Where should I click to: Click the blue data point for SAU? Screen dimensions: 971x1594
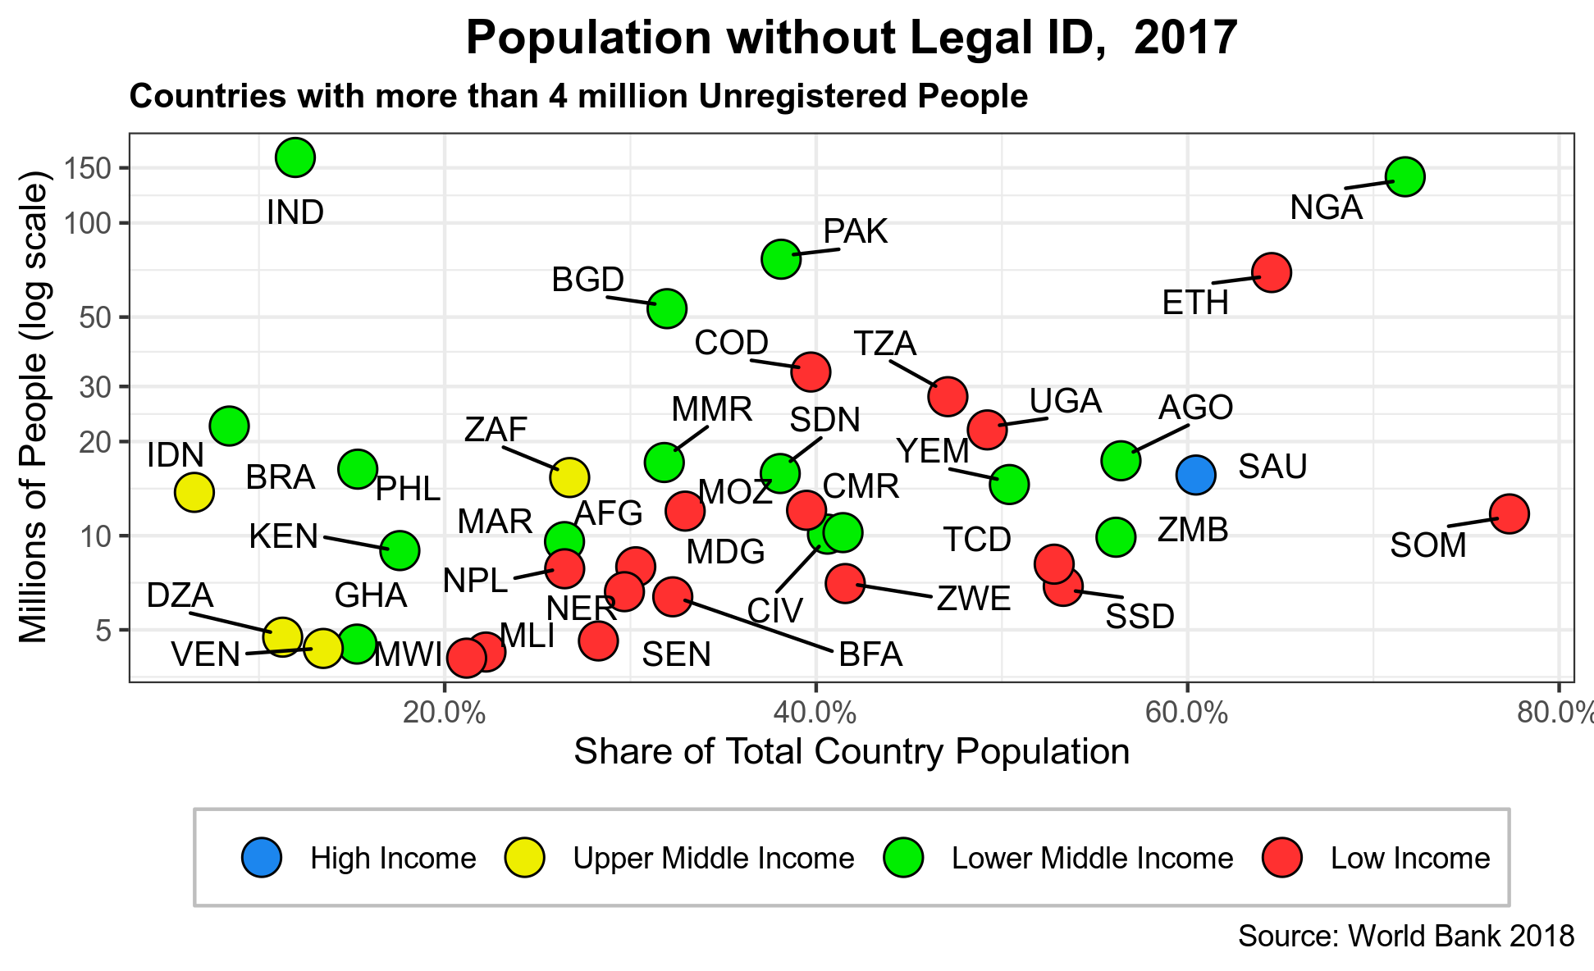1195,474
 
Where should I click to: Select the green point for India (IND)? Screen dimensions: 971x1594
295,157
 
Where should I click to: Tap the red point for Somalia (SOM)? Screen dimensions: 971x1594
1509,513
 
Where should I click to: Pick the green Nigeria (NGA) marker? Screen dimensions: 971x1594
1404,176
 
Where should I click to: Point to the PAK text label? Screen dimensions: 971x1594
855,232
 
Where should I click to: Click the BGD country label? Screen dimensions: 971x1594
587,280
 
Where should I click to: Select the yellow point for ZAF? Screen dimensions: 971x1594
569,476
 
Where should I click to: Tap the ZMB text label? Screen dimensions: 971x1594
1193,530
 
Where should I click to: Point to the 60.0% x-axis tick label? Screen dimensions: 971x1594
1186,712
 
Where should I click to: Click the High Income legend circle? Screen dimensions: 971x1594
262,857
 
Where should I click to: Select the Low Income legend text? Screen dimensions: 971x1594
1409,858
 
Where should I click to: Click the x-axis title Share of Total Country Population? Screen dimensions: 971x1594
852,751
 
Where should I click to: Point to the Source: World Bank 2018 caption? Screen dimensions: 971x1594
1405,936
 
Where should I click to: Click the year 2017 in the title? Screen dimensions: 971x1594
1185,38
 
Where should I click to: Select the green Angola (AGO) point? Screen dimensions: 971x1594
1121,460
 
